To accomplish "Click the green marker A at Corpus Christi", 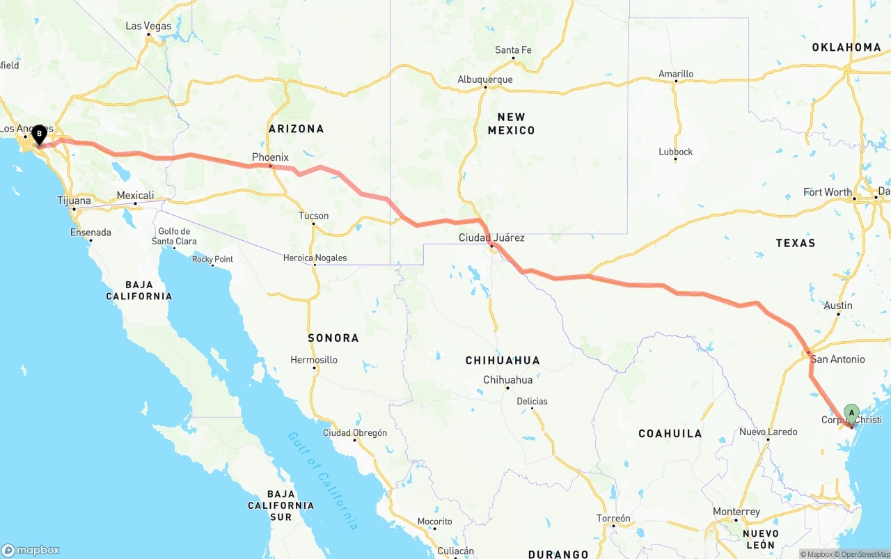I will coord(851,413).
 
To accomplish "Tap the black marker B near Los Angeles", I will coord(39,133).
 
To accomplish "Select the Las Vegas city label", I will coord(148,26).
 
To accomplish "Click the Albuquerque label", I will coord(485,79).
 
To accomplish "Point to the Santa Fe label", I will coord(513,49).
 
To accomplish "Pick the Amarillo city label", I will coord(676,74).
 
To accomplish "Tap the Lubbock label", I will coord(676,152).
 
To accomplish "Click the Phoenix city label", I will coord(270,157).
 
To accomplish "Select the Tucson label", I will coord(313,216).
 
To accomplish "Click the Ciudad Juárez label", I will coord(491,237).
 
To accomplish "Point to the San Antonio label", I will coord(838,359).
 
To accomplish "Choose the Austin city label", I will coord(838,306).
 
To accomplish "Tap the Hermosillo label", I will coord(315,360).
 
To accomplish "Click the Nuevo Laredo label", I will coord(768,432).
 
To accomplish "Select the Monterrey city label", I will coord(736,512).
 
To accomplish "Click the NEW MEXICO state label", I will coord(511,123).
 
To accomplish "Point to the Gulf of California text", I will coord(323,480).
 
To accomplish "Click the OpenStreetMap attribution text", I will coord(866,554).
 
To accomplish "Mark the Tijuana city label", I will coord(74,200).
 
